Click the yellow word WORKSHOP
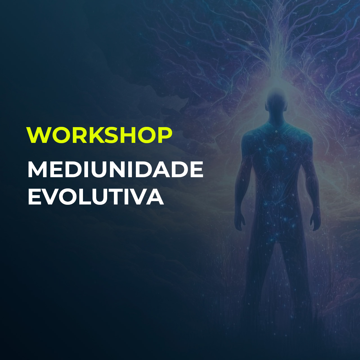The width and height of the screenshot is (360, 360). [99, 135]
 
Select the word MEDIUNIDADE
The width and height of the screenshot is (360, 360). [115, 170]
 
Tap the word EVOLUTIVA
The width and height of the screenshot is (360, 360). [96, 197]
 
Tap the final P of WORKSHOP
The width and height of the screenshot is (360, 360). [164, 135]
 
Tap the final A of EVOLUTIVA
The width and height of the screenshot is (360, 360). [154, 197]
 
